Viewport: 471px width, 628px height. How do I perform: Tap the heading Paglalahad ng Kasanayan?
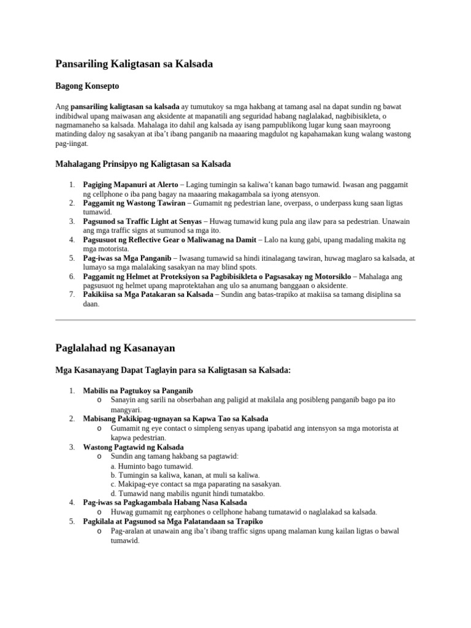click(115, 348)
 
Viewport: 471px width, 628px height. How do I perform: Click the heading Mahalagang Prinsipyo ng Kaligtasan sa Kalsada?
click(143, 164)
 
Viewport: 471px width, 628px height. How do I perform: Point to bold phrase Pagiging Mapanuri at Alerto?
click(131, 185)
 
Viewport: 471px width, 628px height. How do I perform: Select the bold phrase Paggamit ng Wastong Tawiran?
click(134, 202)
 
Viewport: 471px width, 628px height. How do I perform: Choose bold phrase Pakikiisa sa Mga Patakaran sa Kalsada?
click(148, 294)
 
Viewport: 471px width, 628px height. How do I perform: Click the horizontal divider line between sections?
click(235, 320)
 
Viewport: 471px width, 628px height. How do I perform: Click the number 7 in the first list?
click(71, 294)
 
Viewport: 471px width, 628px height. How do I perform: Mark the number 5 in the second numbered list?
click(71, 521)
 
